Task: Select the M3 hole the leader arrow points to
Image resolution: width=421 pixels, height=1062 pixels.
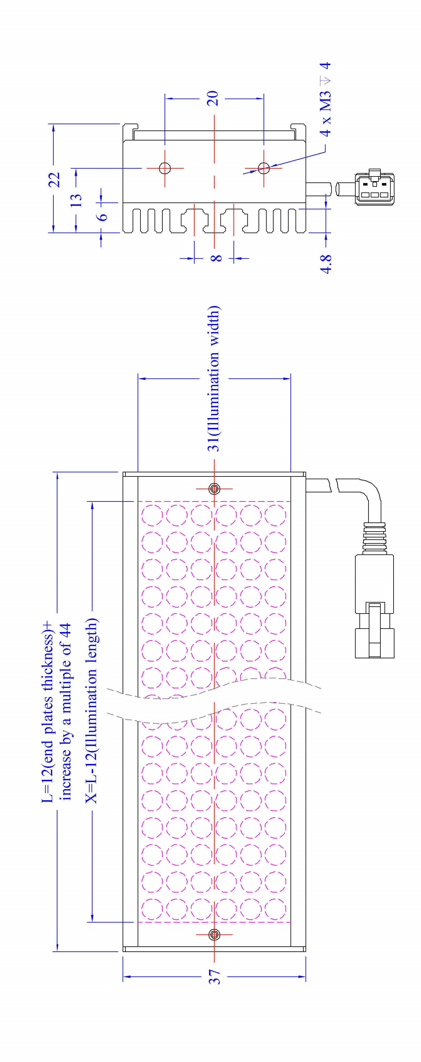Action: pyautogui.click(x=264, y=168)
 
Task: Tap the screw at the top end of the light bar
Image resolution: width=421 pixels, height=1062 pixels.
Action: pyautogui.click(x=214, y=489)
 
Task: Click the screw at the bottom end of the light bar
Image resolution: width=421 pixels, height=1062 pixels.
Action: pyautogui.click(x=214, y=935)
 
